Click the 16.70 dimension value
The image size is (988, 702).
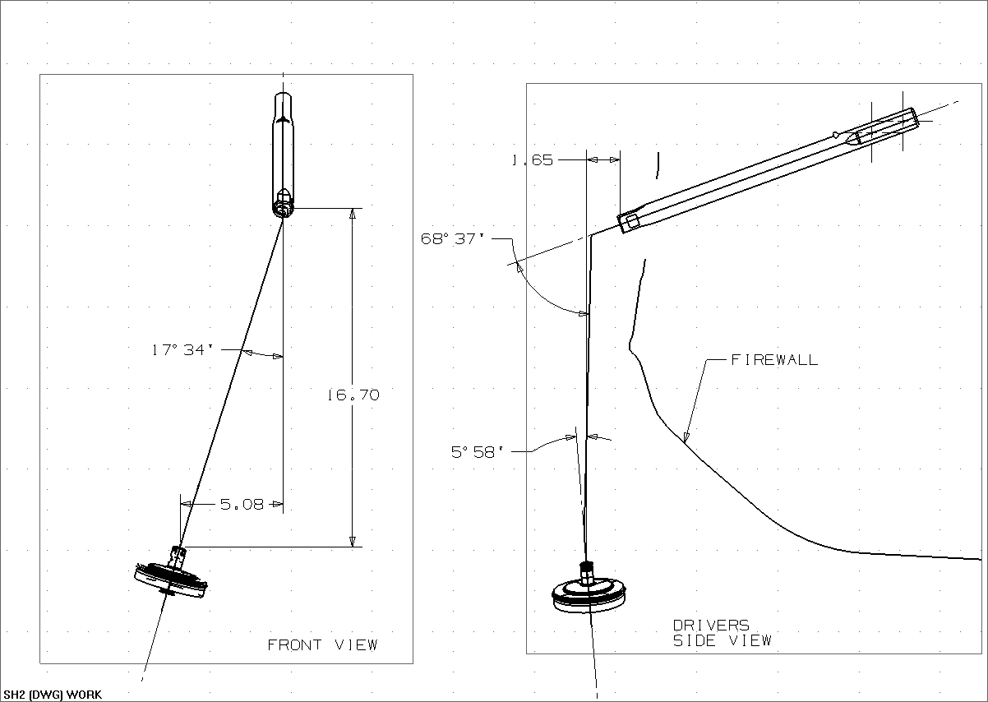point(353,395)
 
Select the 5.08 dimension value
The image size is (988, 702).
point(242,504)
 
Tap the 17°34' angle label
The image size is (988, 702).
point(182,350)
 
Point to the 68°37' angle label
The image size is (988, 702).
point(454,239)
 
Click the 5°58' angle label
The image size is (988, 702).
point(477,451)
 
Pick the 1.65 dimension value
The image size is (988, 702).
point(532,160)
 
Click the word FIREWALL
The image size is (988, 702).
point(774,359)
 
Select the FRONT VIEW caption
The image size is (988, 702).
point(322,644)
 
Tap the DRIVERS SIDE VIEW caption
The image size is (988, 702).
point(722,633)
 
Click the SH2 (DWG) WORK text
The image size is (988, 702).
point(53,695)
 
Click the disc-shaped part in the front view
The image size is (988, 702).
point(170,579)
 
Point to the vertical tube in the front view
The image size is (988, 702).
point(282,152)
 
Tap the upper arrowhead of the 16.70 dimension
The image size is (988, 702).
point(353,214)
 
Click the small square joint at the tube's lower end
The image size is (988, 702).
point(630,222)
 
